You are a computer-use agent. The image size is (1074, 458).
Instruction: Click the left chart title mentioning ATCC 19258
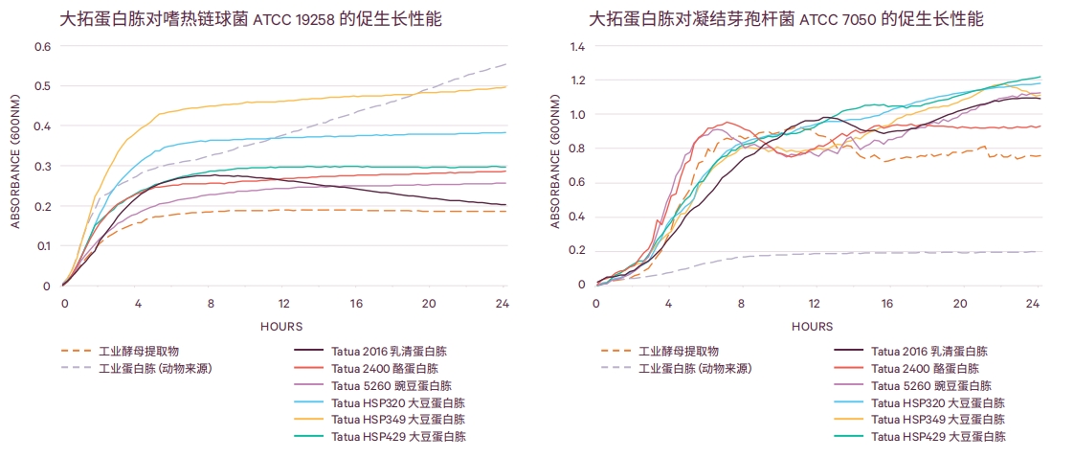pos(251,19)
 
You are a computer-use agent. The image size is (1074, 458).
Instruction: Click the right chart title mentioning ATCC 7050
pos(786,19)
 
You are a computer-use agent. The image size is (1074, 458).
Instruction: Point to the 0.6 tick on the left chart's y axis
pos(43,46)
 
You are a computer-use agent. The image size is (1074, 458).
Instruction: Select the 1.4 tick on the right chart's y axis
pos(576,46)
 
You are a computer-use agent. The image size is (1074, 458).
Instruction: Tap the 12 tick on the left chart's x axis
pos(283,304)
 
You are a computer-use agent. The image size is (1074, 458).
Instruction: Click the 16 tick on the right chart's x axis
pos(887,304)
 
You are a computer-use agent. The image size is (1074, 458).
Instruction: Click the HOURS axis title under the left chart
pos(281,327)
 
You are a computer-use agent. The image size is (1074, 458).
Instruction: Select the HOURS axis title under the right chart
pos(813,327)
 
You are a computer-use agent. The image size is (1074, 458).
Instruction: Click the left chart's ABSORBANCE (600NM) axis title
pos(15,166)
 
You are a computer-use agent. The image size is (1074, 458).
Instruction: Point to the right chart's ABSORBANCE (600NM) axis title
pos(554,166)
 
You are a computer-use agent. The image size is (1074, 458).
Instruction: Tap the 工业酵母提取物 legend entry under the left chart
pos(121,352)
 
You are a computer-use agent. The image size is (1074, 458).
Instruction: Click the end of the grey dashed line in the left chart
pos(505,65)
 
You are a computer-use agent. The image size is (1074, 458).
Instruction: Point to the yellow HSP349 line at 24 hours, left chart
pos(504,87)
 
